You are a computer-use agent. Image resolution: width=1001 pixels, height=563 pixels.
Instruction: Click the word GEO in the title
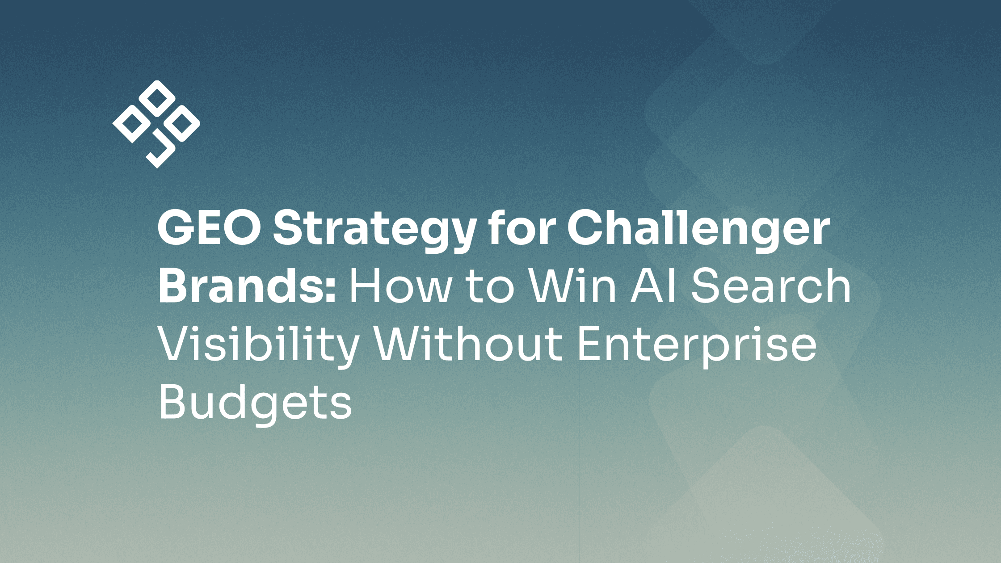tap(209, 229)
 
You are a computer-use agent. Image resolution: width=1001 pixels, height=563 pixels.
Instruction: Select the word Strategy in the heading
tap(374, 231)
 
